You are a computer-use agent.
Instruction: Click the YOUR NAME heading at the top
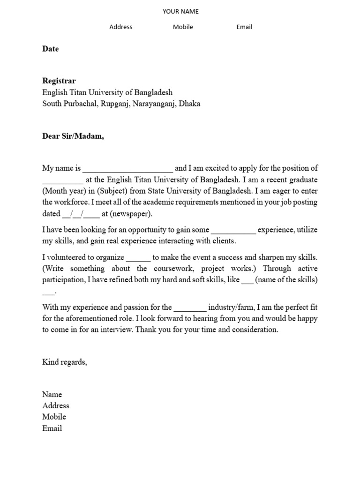180,11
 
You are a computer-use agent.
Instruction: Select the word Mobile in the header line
183,27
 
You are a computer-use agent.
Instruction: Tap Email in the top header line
244,27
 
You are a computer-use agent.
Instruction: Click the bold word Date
51,49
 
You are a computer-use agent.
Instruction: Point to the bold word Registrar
59,81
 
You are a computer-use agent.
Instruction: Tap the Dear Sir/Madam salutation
73,136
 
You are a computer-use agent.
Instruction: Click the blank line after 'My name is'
127,168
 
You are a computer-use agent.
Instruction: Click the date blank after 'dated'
81,214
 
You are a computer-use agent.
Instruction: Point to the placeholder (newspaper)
131,214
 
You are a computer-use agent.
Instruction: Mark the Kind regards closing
65,362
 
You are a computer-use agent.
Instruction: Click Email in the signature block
52,428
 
